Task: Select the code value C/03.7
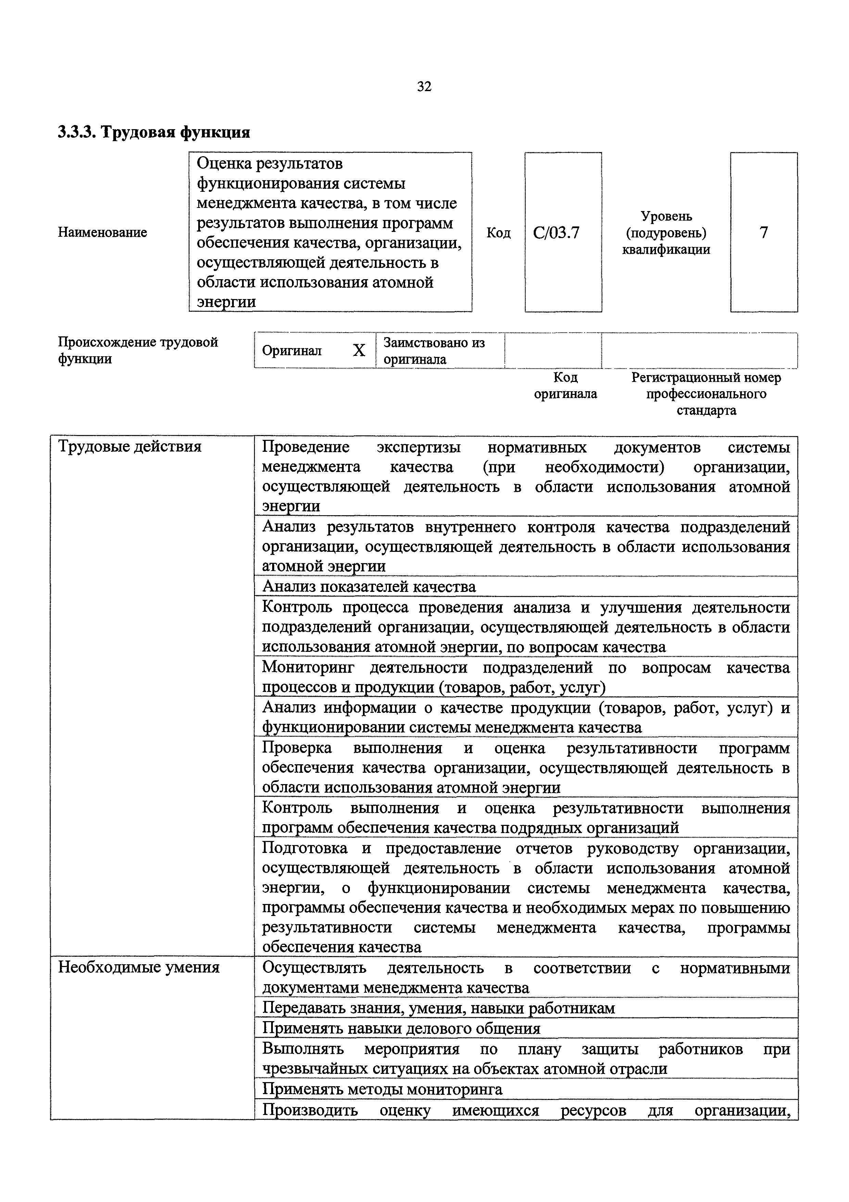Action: (557, 233)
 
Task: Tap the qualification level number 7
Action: (764, 233)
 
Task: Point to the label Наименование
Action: (102, 233)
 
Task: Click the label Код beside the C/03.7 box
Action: (498, 233)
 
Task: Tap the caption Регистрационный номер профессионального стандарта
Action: (706, 394)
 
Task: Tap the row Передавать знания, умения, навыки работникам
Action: (438, 1008)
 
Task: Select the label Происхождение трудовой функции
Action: (138, 350)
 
